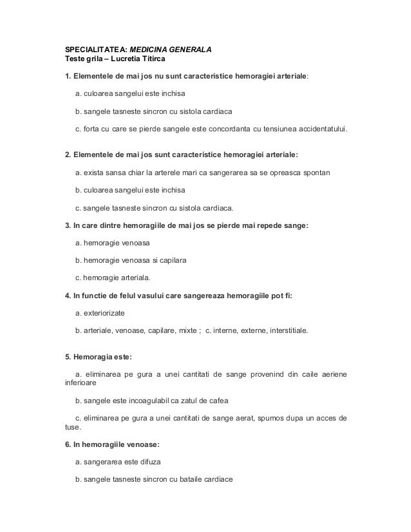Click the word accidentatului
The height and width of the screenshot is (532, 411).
[x=318, y=128]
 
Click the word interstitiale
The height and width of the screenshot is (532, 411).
[x=284, y=330]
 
